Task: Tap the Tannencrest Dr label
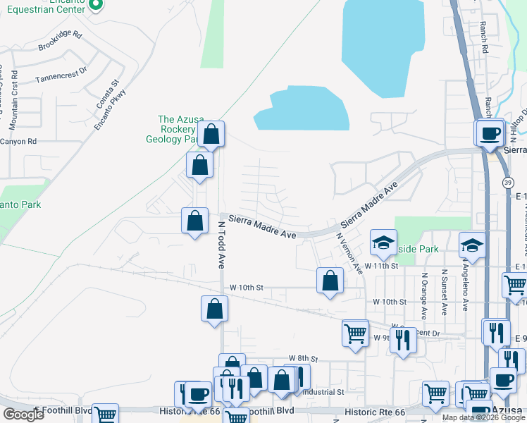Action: [x=61, y=73]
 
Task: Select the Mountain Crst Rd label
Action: [x=15, y=105]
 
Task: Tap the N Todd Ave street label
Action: [x=221, y=245]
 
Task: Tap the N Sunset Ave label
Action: [x=445, y=292]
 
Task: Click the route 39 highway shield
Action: [x=508, y=183]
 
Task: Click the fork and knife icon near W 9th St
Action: [x=403, y=340]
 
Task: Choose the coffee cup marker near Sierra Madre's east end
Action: [x=490, y=133]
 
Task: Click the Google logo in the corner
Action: [x=23, y=415]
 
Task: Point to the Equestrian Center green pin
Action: [x=98, y=5]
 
